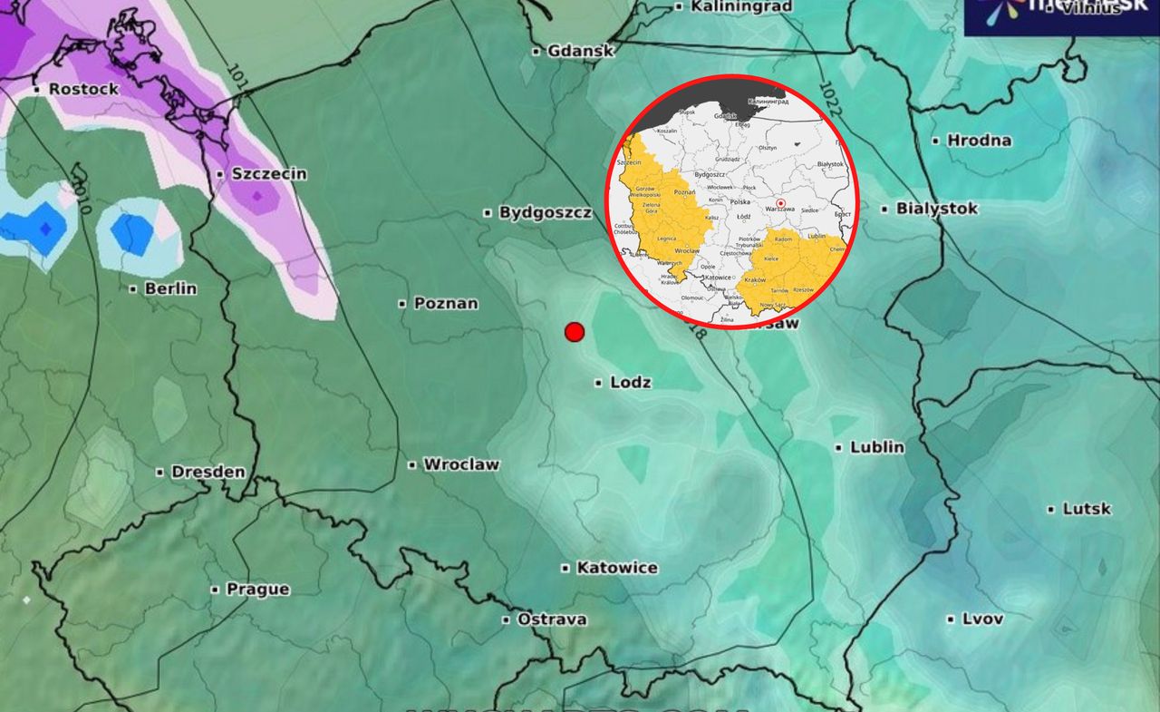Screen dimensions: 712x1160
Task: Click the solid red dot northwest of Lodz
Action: point(574,332)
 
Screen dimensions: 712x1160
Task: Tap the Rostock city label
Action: point(83,89)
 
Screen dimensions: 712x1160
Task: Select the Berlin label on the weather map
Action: point(169,288)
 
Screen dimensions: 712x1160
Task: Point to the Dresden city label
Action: point(208,472)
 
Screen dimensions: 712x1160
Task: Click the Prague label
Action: point(257,589)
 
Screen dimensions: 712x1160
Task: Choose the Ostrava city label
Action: point(551,619)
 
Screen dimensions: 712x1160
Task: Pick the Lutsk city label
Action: point(1087,509)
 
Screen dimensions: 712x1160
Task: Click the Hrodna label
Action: point(979,141)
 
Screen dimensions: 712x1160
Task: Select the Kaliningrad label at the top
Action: point(740,6)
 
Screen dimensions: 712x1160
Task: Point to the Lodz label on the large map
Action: point(631,383)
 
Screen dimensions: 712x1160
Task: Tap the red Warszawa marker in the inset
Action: point(780,204)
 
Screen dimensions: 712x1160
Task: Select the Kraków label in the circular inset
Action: point(754,281)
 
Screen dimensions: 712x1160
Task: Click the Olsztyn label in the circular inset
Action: point(767,147)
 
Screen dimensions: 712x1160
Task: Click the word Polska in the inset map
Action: point(740,202)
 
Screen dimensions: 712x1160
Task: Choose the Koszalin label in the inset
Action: point(666,131)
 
